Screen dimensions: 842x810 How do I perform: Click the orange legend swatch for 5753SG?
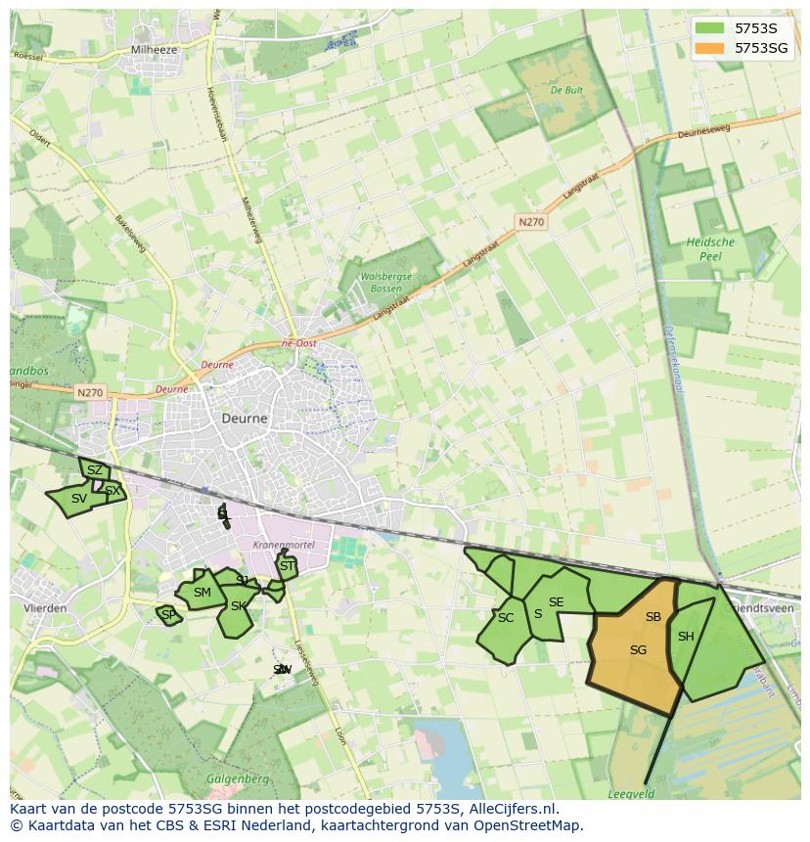pyautogui.click(x=710, y=48)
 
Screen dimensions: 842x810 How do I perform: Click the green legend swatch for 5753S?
pyautogui.click(x=710, y=28)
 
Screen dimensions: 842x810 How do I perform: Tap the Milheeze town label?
pyautogui.click(x=153, y=49)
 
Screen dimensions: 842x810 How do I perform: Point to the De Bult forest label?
pyautogui.click(x=566, y=90)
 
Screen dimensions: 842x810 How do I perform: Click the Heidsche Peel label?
pyautogui.click(x=710, y=248)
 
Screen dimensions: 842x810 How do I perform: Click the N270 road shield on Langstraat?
pyautogui.click(x=531, y=222)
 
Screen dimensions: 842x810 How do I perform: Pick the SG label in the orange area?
pyautogui.click(x=638, y=650)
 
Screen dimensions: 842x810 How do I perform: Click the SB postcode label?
pyautogui.click(x=653, y=617)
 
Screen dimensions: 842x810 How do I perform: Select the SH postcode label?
pyautogui.click(x=686, y=637)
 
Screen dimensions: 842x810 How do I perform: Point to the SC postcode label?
pyautogui.click(x=505, y=618)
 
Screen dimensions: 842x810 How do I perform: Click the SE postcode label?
pyautogui.click(x=556, y=602)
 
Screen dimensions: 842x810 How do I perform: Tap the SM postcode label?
pyautogui.click(x=202, y=593)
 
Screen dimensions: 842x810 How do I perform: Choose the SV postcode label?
pyautogui.click(x=79, y=499)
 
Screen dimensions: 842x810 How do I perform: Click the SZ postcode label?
pyautogui.click(x=94, y=470)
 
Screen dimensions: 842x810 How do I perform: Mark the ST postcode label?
pyautogui.click(x=287, y=566)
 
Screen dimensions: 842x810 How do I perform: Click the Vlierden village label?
pyautogui.click(x=45, y=607)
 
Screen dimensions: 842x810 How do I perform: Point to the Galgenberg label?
pyautogui.click(x=232, y=778)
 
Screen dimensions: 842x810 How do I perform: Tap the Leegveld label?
pyautogui.click(x=631, y=794)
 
